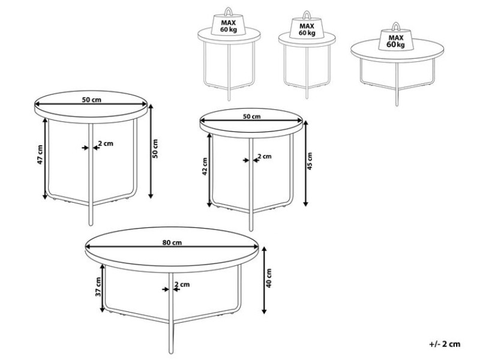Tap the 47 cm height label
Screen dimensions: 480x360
(40, 154)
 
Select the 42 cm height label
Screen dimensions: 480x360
(205, 167)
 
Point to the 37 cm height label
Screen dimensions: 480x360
(98, 287)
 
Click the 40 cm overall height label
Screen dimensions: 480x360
(269, 278)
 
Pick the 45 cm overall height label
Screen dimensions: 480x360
(310, 161)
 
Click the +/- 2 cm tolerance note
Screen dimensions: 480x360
(445, 344)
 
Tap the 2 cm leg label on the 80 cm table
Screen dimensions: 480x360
(182, 284)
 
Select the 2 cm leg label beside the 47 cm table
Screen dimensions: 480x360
(106, 143)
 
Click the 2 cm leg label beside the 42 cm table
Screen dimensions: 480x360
(265, 157)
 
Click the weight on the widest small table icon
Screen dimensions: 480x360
(396, 37)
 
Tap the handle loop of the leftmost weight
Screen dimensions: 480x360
(229, 11)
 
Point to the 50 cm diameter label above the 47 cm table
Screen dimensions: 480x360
(92, 100)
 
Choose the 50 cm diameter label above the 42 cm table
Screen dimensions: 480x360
(251, 116)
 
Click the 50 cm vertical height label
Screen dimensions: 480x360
(155, 148)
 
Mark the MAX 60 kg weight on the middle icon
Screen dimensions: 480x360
(307, 26)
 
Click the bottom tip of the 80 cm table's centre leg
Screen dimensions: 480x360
(171, 353)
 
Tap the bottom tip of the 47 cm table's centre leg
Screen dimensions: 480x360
(91, 225)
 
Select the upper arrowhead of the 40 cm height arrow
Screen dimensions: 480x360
(264, 248)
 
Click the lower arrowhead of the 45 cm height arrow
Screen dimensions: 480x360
(305, 203)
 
